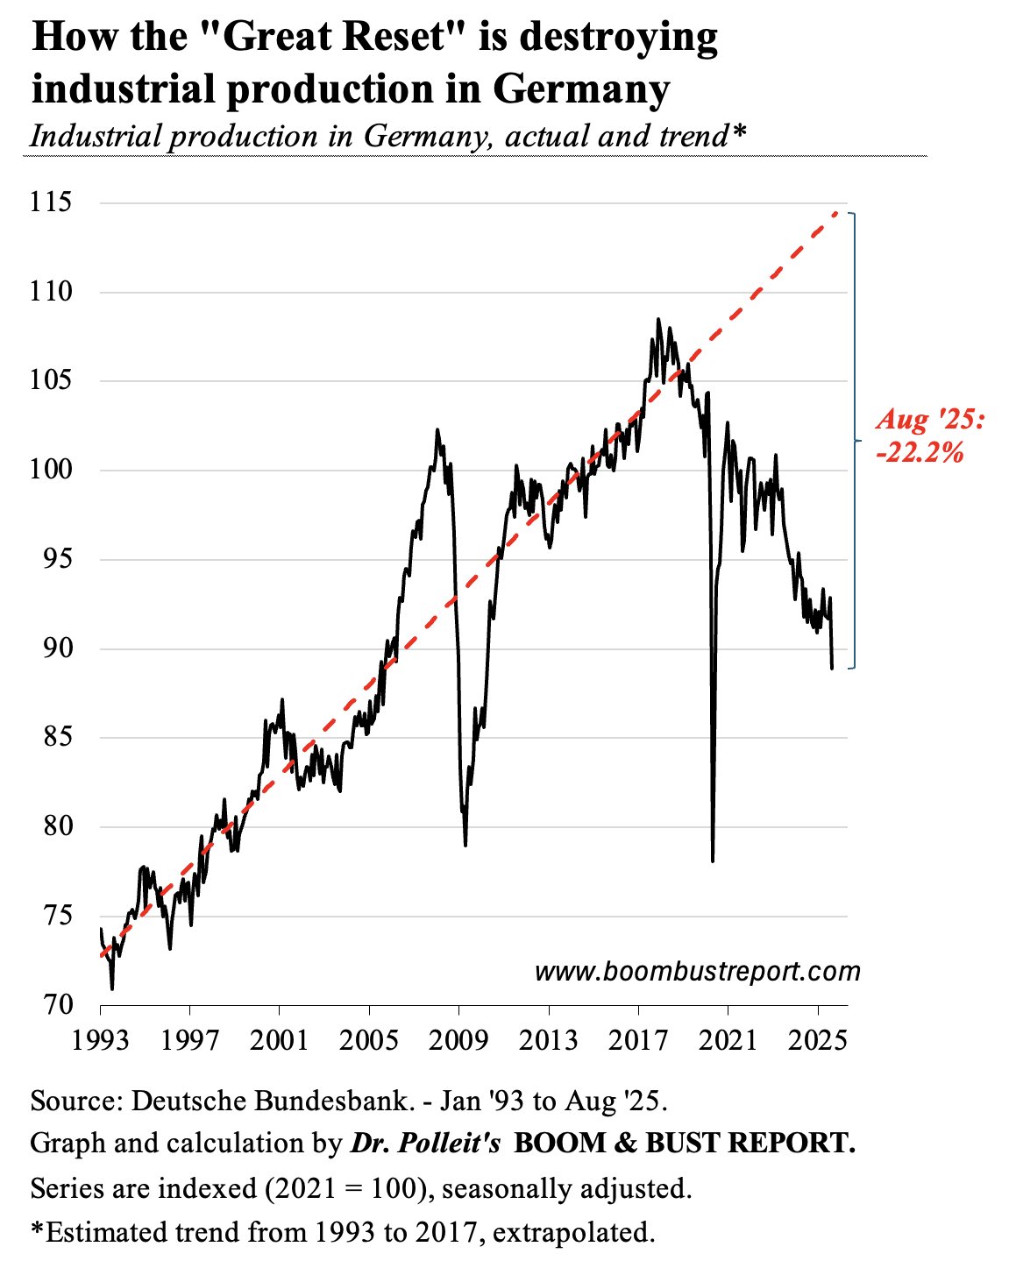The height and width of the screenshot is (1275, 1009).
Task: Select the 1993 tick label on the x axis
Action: (x=100, y=1040)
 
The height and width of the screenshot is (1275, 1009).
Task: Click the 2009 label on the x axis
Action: (x=458, y=1040)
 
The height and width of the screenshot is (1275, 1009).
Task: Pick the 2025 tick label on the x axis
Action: (x=817, y=1040)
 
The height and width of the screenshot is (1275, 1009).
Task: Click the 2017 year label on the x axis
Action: (x=638, y=1040)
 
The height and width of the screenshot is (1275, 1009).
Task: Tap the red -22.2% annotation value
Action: (x=920, y=452)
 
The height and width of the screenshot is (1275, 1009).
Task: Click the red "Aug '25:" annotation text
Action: (x=930, y=421)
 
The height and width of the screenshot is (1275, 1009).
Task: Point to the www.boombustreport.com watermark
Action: (x=697, y=971)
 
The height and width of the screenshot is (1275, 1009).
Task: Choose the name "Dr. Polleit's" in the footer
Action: (x=425, y=1144)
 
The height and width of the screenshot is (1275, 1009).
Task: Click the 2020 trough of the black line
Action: (x=713, y=861)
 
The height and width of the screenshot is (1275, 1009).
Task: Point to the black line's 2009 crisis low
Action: (x=465, y=845)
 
